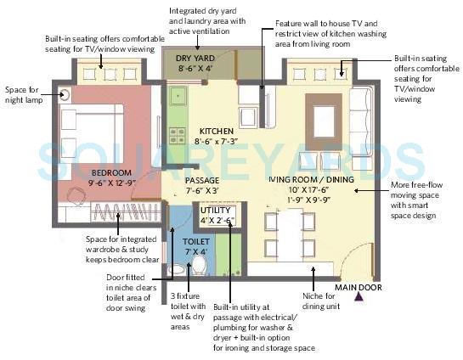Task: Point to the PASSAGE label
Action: [x=201, y=181]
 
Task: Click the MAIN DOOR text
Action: [x=358, y=287]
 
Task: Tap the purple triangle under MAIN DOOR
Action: [x=359, y=298]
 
